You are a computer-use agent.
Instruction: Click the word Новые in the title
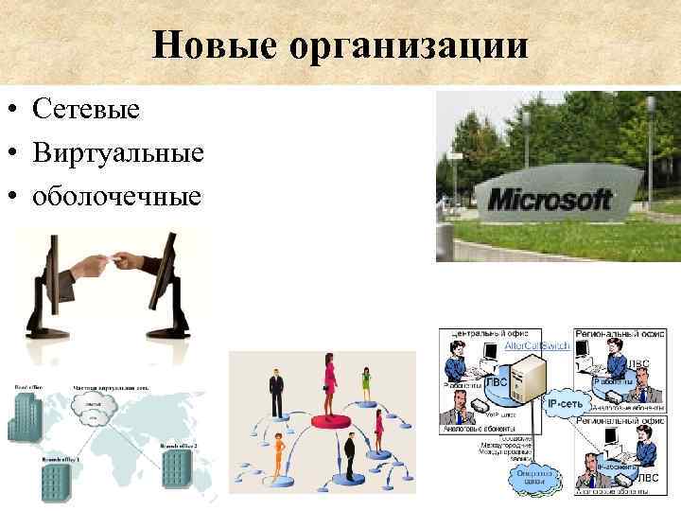(x=202, y=44)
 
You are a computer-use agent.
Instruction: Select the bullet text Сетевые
(x=85, y=110)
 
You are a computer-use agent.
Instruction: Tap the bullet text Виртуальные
(x=117, y=153)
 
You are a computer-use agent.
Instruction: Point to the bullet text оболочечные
(x=116, y=197)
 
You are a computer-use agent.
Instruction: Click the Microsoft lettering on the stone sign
(x=549, y=200)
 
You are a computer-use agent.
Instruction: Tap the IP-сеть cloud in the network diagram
(x=565, y=404)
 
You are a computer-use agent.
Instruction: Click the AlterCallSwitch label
(x=535, y=347)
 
